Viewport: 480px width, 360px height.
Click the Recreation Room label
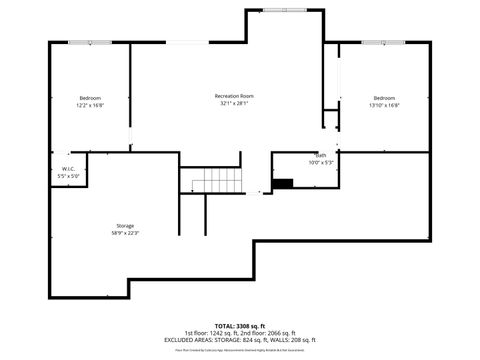tap(234, 96)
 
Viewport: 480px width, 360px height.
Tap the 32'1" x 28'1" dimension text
tap(234, 104)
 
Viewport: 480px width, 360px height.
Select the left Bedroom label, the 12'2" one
tap(90, 97)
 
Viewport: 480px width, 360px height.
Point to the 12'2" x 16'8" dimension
tap(90, 105)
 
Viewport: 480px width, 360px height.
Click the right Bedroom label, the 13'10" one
tap(384, 97)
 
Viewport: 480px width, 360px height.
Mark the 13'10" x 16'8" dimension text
tap(384, 105)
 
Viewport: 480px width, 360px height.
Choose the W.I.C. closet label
tap(68, 169)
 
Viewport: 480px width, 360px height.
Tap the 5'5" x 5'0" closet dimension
tap(68, 176)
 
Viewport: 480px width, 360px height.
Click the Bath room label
tap(321, 155)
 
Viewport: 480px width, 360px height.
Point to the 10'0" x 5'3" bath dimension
tap(321, 162)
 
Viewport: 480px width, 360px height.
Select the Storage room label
tap(124, 225)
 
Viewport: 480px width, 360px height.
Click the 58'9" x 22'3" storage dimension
tap(124, 233)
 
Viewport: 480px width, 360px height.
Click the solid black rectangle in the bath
tap(284, 182)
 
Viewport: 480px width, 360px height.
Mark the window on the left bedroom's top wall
tap(82, 42)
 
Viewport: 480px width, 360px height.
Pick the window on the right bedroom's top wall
tap(375, 42)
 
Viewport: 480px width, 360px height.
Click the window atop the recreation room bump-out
tap(286, 10)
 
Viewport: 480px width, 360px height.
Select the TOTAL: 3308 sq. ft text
tap(239, 325)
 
